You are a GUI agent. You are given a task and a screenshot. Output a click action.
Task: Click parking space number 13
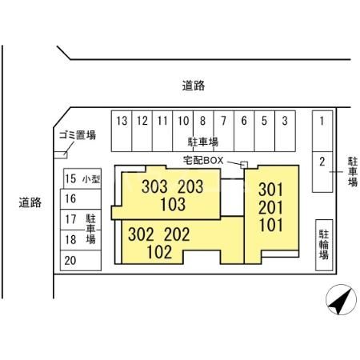pyautogui.click(x=122, y=131)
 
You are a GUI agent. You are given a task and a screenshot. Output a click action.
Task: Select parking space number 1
pyautogui.click(x=322, y=131)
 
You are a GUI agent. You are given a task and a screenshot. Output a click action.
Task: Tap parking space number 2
pyautogui.click(x=322, y=172)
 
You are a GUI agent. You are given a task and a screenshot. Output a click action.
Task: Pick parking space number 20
pyautogui.click(x=81, y=261)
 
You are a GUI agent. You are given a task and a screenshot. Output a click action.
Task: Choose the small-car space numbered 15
pyautogui.click(x=82, y=178)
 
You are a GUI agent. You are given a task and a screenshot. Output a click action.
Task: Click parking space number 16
pyautogui.click(x=81, y=199)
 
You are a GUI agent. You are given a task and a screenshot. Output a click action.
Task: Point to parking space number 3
pyautogui.click(x=285, y=131)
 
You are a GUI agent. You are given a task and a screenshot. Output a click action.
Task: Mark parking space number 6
pyautogui.click(x=244, y=131)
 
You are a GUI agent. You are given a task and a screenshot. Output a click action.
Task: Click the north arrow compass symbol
pyautogui.click(x=341, y=299)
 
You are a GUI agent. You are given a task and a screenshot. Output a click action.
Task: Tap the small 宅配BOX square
pyautogui.click(x=244, y=165)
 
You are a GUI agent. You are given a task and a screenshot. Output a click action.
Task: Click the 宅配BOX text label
pyautogui.click(x=203, y=160)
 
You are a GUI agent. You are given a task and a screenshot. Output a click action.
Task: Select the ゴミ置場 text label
pyautogui.click(x=78, y=135)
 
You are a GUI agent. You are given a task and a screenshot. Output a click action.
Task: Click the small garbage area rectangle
pyautogui.click(x=61, y=155)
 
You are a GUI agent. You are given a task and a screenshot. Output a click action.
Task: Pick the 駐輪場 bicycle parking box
pyautogui.click(x=324, y=245)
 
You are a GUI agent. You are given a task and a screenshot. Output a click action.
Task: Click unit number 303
pyautogui.click(x=154, y=186)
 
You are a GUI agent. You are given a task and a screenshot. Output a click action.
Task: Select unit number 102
pyautogui.click(x=159, y=252)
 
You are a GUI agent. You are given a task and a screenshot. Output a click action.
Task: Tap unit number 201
pyautogui.click(x=270, y=208)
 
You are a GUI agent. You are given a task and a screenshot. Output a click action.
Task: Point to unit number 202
pyautogui.click(x=177, y=234)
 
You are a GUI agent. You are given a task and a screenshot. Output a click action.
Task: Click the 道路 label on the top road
pyautogui.click(x=194, y=86)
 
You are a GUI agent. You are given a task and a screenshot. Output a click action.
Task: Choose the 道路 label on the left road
pyautogui.click(x=30, y=202)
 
